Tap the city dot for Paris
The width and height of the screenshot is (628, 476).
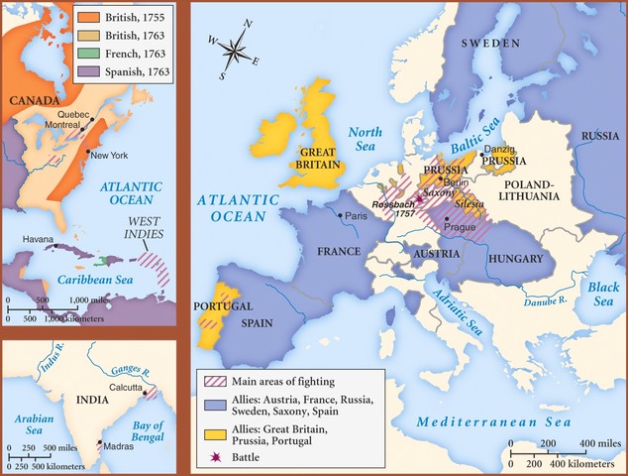pos(341,215)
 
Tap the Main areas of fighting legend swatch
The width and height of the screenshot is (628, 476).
pos(212,382)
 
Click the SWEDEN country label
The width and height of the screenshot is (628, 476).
pos(487,44)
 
